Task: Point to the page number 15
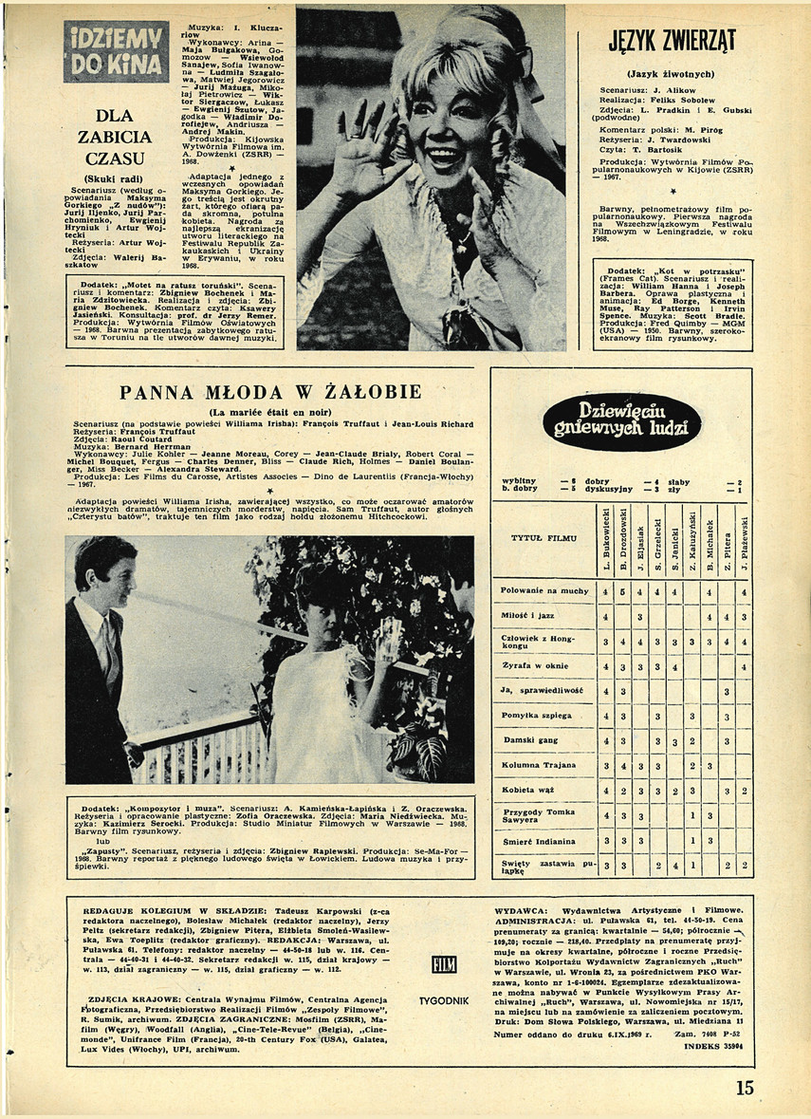pyautogui.click(x=745, y=1089)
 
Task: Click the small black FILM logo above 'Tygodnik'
pyautogui.click(x=443, y=965)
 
